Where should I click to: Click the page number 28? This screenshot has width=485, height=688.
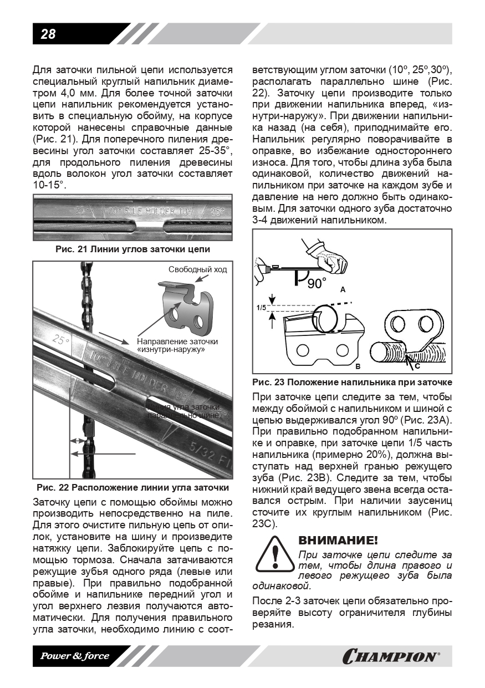[x=48, y=34]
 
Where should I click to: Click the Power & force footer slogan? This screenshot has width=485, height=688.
[x=74, y=656]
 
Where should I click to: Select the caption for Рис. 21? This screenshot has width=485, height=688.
[x=133, y=249]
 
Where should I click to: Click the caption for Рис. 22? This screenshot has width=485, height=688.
[x=133, y=488]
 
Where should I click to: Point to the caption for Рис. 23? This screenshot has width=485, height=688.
[x=352, y=382]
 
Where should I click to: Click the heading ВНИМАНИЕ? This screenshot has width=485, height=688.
[x=338, y=540]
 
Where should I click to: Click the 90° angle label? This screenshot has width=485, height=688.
[x=317, y=283]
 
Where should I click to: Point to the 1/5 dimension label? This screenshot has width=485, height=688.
[x=261, y=307]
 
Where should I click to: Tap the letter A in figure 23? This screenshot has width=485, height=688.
[x=343, y=290]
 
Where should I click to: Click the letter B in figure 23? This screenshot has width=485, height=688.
[x=358, y=366]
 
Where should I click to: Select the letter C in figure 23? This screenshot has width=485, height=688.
[x=417, y=365]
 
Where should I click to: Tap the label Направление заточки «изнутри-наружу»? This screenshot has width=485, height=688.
[x=177, y=345]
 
